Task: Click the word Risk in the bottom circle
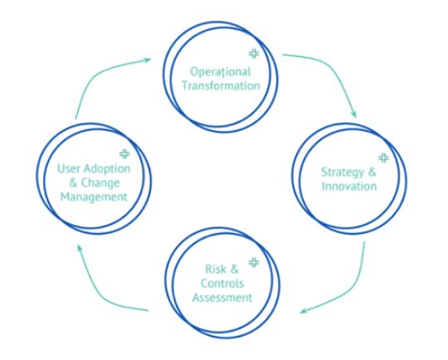[213, 270]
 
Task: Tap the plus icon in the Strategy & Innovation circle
[382, 157]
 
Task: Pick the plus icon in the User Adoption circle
[125, 153]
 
